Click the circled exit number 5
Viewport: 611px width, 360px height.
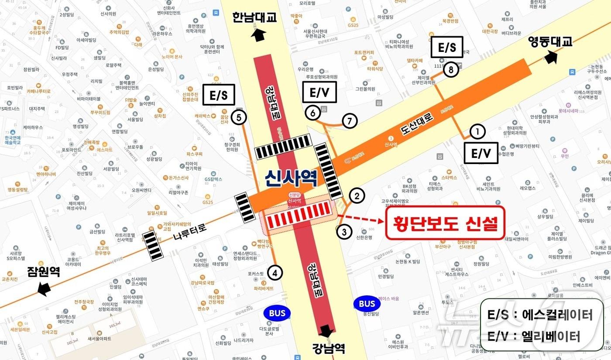[239, 117]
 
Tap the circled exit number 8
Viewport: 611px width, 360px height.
[451, 70]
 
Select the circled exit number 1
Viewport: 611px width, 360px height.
[477, 131]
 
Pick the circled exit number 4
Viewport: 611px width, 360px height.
[275, 273]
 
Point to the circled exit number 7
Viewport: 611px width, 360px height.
[350, 121]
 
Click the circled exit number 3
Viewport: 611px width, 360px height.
[313, 113]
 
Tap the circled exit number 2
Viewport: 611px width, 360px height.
[357, 196]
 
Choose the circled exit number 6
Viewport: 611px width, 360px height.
[313, 113]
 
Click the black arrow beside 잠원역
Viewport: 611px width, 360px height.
[45, 288]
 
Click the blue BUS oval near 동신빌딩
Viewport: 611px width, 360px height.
[367, 303]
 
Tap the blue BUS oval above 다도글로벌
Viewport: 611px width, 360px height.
[277, 313]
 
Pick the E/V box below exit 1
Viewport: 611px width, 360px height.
[481, 153]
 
